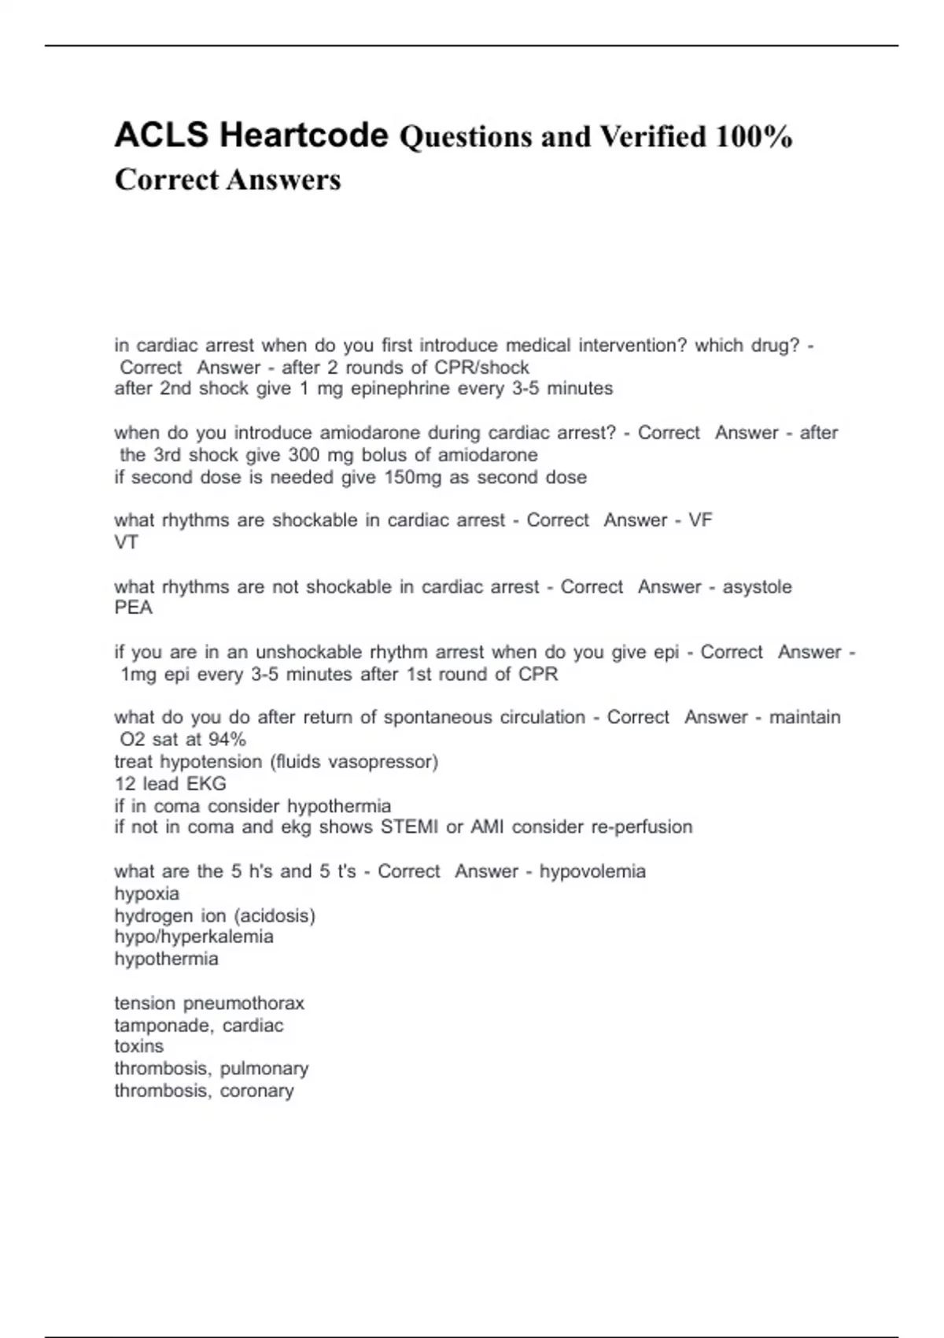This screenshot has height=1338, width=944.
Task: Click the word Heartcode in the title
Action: click(x=304, y=135)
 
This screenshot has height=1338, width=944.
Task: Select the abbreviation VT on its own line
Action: click(x=126, y=542)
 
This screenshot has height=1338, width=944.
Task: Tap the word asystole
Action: click(x=757, y=587)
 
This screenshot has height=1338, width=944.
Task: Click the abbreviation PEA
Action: click(x=133, y=608)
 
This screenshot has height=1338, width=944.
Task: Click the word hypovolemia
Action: click(x=592, y=871)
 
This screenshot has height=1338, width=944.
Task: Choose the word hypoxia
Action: click(x=147, y=894)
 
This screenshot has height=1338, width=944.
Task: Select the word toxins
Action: click(x=139, y=1047)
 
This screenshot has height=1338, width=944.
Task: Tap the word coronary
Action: click(x=257, y=1091)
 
